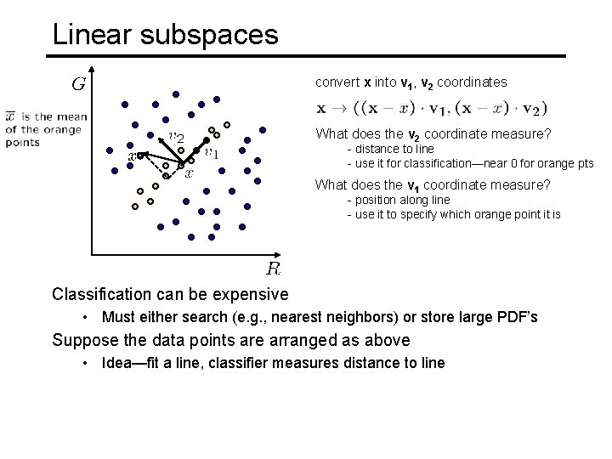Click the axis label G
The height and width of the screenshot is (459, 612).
tap(78, 84)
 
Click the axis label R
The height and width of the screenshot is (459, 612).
tap(274, 269)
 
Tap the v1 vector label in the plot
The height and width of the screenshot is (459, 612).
tap(212, 153)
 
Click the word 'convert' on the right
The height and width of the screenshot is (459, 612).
tap(337, 82)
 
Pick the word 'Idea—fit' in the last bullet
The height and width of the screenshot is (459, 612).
tap(128, 363)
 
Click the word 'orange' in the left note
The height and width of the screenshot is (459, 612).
tap(63, 129)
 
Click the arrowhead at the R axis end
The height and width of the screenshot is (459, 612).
tap(280, 253)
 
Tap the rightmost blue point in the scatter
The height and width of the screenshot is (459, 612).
tap(262, 131)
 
